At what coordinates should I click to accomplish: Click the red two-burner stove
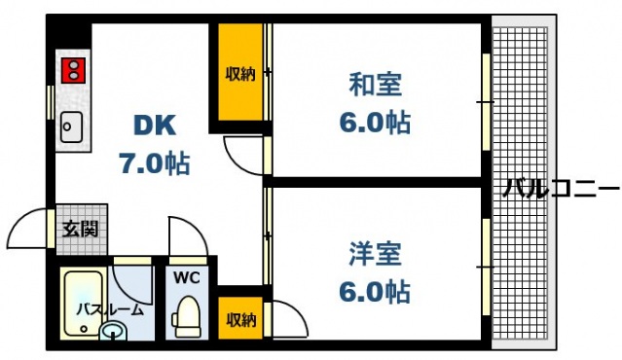71,70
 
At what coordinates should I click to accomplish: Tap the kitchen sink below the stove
71,126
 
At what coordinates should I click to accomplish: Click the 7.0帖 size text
154,162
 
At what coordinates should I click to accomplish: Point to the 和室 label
376,85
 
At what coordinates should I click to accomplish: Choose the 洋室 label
376,255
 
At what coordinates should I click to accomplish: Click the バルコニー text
559,188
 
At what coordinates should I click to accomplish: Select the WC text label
186,277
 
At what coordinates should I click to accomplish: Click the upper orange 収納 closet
239,74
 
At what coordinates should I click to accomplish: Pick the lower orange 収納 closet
240,318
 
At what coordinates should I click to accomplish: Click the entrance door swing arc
27,231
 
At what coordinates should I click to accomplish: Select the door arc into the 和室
243,156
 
